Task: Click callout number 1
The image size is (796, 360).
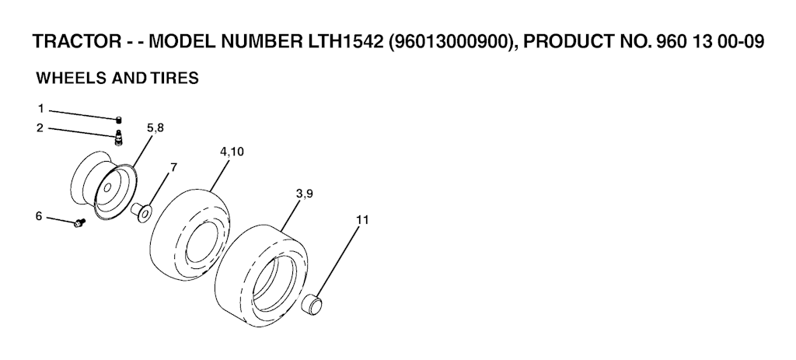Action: (40, 109)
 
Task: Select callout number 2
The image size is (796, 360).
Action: (40, 128)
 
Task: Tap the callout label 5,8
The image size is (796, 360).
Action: (155, 128)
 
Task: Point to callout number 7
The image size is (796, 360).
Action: (173, 167)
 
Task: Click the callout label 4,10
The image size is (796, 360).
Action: (232, 152)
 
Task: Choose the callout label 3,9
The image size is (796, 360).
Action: (304, 194)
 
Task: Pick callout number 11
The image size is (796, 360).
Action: (362, 220)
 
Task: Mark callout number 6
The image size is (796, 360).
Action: (39, 216)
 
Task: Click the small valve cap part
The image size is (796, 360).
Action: (119, 120)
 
